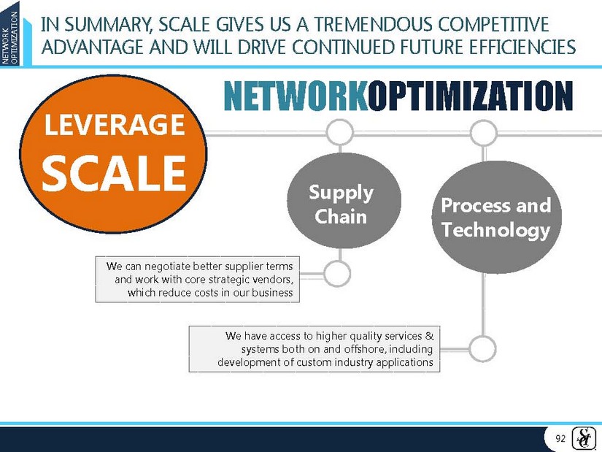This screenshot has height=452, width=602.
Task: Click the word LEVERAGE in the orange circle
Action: click(x=115, y=125)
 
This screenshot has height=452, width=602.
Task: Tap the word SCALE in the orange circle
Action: click(x=114, y=172)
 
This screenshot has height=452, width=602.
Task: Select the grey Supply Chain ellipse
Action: click(x=344, y=201)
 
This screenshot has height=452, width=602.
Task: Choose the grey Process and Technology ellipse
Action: click(x=496, y=217)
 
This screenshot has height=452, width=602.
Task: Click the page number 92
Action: click(x=560, y=439)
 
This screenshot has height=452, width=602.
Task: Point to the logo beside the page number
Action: click(x=584, y=438)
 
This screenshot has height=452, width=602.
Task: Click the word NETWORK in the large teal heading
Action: click(x=296, y=96)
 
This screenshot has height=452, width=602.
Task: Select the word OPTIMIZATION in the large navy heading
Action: click(x=471, y=96)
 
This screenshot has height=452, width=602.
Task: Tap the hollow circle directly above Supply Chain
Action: click(x=340, y=132)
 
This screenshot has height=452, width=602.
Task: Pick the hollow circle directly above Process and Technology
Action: click(x=483, y=132)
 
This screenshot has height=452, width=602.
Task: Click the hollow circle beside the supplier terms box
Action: click(x=337, y=274)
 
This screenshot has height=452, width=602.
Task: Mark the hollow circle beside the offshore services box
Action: click(x=482, y=348)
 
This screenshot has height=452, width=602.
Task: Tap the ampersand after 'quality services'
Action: click(x=429, y=336)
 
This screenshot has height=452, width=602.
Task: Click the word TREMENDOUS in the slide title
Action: click(x=374, y=25)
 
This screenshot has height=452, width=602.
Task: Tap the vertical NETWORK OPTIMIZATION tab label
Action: click(x=9, y=37)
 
